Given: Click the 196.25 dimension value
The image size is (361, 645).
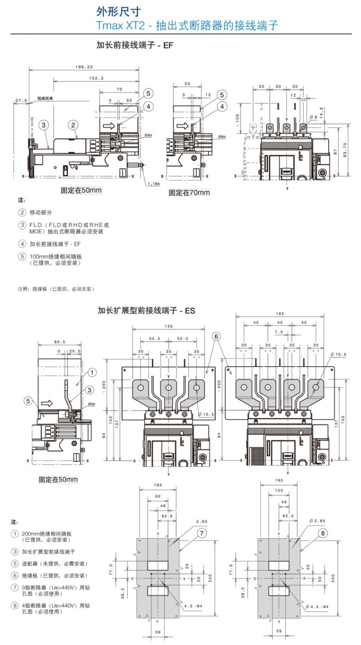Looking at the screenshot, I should [84, 67].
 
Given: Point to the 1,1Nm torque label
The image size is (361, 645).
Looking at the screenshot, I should [153, 184].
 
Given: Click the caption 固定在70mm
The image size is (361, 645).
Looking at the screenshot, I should [189, 192].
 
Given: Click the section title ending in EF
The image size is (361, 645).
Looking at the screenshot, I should [134, 45].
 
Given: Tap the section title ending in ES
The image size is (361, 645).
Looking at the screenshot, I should [146, 311].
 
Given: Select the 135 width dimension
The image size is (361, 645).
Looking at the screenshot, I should [168, 326].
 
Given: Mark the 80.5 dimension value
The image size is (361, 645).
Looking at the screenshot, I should [60, 342].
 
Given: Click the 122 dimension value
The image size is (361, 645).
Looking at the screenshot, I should [279, 490].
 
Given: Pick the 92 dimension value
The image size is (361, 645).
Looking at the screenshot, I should [157, 496].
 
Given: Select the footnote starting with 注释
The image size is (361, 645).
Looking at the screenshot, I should [56, 289].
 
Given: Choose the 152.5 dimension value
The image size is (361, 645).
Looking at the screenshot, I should [96, 78].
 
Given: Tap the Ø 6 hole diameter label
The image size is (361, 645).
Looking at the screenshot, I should [314, 117].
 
